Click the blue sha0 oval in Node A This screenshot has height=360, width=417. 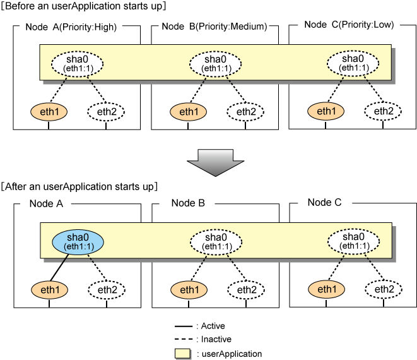point(78,242)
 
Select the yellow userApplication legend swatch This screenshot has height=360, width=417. point(183,354)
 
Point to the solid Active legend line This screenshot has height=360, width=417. point(184,326)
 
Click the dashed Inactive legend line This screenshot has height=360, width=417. point(184,339)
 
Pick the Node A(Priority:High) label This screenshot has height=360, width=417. point(71,27)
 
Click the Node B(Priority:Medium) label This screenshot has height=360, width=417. point(214,27)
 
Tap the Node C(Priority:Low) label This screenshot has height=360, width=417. point(349,25)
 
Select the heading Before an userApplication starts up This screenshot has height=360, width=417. point(83,6)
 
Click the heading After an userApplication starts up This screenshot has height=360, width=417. point(79,187)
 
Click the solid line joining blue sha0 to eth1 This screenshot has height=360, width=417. point(59,268)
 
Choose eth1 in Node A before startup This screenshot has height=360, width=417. point(49,112)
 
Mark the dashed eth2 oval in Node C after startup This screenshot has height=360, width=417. point(384,289)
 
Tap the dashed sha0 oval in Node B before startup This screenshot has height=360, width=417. point(215,64)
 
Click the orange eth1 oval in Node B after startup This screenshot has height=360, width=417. point(189,290)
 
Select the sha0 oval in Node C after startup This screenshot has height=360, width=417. point(353,241)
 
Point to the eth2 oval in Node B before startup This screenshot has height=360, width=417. point(245,112)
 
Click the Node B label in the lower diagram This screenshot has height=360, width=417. point(188,203)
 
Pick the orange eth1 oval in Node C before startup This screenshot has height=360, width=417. point(326,111)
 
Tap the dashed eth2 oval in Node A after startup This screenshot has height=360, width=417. point(107,290)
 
